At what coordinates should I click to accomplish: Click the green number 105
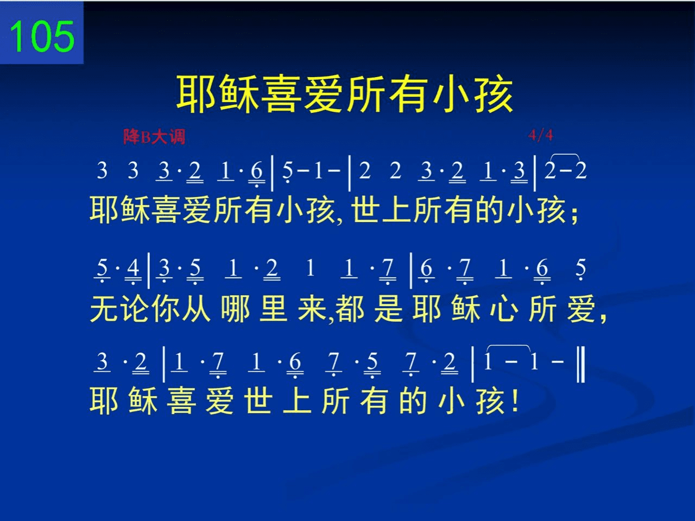(x=42, y=36)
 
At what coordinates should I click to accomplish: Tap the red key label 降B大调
(x=154, y=137)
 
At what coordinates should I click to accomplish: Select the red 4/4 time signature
(x=541, y=135)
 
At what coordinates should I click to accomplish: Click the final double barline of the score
(x=580, y=364)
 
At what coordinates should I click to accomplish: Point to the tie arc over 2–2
(x=565, y=155)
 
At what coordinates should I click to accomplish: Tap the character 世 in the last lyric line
(x=258, y=401)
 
